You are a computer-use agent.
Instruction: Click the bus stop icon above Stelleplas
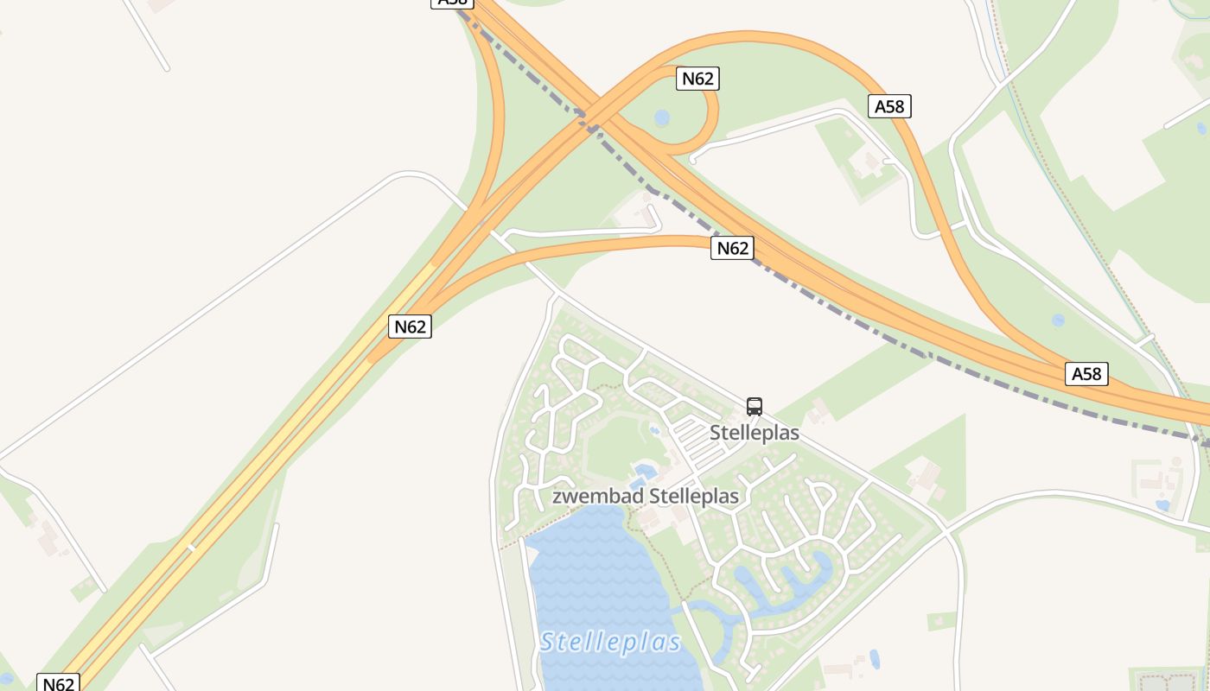tap(755, 407)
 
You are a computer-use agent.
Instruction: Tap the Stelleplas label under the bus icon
tap(755, 433)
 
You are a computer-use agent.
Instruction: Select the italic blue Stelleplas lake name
tap(611, 642)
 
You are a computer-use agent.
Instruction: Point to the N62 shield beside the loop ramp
tap(697, 79)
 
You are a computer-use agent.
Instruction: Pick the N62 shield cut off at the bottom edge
tap(59, 683)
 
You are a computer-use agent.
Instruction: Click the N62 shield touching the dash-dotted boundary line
tap(732, 249)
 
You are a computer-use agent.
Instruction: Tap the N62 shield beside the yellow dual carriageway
tap(410, 326)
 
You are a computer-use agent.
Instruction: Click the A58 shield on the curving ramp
tap(889, 106)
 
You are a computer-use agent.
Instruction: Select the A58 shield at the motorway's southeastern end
tap(1086, 374)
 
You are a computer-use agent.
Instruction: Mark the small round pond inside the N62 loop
tap(662, 117)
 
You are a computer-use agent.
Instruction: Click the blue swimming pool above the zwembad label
tap(642, 472)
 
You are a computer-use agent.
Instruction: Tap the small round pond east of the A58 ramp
tap(1058, 320)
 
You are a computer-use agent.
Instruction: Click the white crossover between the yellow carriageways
tap(191, 546)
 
